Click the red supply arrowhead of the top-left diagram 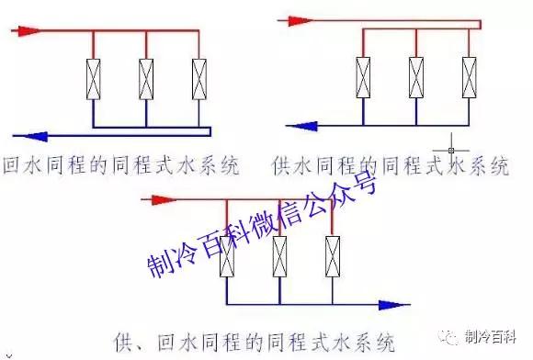29,30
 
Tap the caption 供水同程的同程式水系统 390,167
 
